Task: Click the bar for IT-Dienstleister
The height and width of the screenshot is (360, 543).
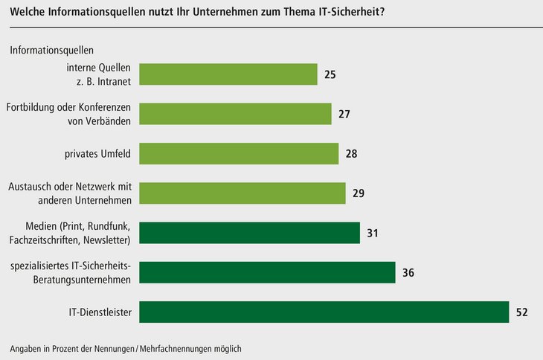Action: [x=324, y=312]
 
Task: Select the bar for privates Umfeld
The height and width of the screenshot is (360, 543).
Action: [x=239, y=154]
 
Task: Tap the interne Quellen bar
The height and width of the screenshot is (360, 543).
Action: [x=228, y=75]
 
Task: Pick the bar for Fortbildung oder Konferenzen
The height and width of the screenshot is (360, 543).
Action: [x=235, y=115]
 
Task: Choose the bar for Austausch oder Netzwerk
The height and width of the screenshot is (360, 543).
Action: [x=242, y=193]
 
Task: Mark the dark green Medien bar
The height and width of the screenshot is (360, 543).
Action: [x=249, y=233]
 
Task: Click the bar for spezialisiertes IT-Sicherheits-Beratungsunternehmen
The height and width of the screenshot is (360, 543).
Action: [x=267, y=272]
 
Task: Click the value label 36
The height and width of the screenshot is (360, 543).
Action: [x=408, y=273]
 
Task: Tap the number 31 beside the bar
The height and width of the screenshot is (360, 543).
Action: [x=373, y=234]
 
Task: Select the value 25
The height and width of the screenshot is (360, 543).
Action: [x=330, y=75]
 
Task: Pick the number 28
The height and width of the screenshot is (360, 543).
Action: [x=352, y=154]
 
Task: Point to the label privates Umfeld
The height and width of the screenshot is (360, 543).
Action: [x=98, y=154]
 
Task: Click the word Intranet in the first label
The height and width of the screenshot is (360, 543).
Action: [x=115, y=82]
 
